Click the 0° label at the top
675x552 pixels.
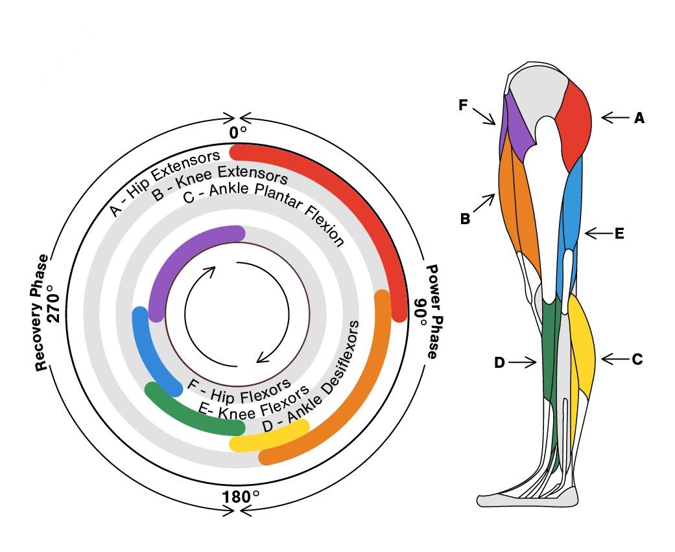[x=238, y=133]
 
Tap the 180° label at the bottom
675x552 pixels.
[x=241, y=497]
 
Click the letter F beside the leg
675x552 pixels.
[x=463, y=105]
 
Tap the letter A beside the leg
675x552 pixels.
[x=639, y=118]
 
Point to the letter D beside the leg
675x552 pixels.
[x=499, y=363]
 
